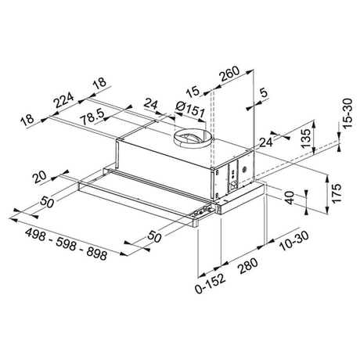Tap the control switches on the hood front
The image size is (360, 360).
pos(202,211)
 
